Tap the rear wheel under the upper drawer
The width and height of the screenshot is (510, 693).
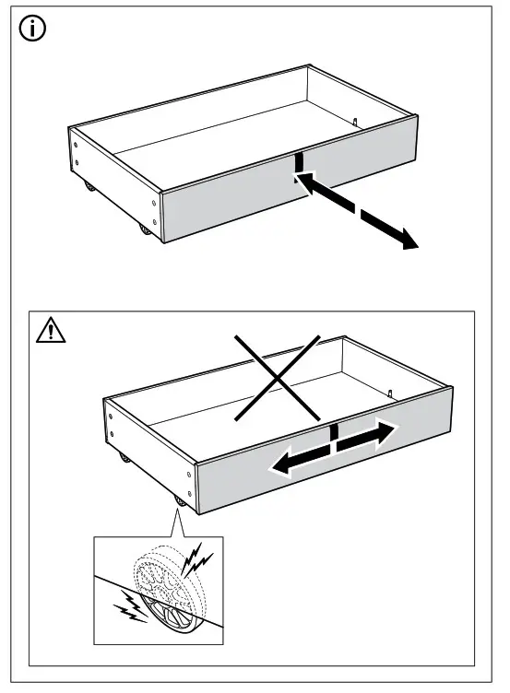pos(88,188)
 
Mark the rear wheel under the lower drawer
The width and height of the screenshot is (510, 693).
pos(123,458)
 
